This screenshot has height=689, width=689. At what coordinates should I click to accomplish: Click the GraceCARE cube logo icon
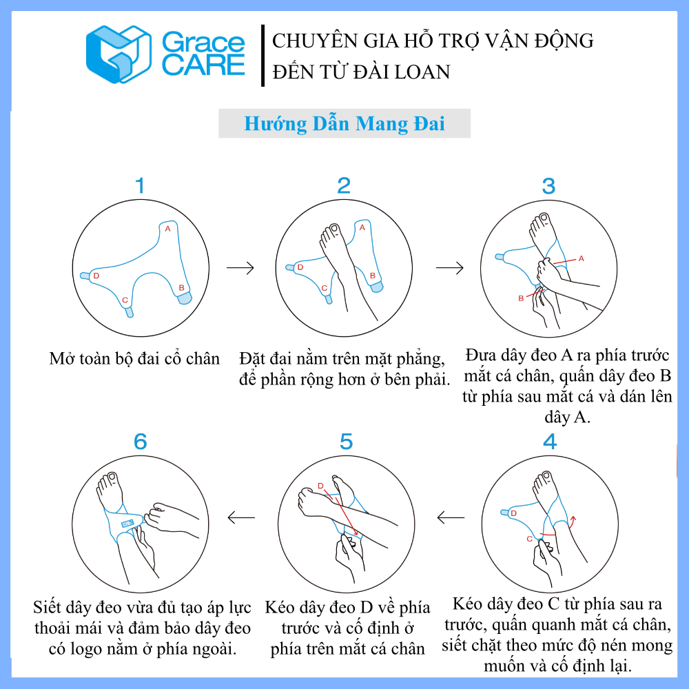pos(119,54)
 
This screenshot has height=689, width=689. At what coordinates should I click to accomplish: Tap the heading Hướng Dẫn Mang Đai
pos(344,123)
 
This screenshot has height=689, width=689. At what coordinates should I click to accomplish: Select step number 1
pos(140,185)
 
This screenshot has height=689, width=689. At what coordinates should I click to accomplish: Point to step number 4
pos(550,442)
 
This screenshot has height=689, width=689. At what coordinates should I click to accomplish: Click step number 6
pos(140,442)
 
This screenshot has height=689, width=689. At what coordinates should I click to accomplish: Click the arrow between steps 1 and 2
pos(240,267)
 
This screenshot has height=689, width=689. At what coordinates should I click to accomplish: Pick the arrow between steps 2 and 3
pos(449,267)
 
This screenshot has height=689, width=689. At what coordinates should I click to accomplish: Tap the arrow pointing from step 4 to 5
pos(451,517)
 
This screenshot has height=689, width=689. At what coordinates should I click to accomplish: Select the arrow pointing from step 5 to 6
pos(241,517)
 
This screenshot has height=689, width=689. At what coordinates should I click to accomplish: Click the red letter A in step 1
pos(167,229)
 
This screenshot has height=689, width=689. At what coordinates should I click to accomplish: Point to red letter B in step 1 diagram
pos(181,288)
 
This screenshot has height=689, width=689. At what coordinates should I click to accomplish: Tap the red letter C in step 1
pos(125,300)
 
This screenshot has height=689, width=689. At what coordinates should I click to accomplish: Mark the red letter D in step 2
pos(300,267)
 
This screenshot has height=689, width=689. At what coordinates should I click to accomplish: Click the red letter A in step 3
pos(581,258)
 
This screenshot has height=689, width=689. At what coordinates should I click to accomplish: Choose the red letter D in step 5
pos(320,486)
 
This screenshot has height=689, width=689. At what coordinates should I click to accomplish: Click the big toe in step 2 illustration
pos(335,229)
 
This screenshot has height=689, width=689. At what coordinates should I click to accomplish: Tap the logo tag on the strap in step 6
pos(127,524)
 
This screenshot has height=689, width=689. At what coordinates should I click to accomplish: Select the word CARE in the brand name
pos(203,65)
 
